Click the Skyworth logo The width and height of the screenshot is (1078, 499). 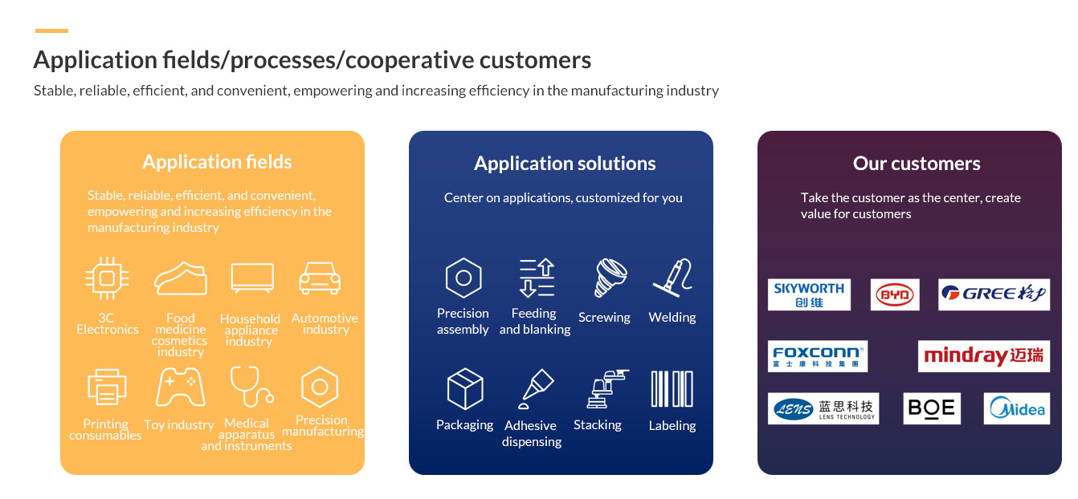[x=809, y=294]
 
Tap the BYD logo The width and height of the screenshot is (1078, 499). [x=895, y=294]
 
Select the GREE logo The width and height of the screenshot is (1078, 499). [x=994, y=294]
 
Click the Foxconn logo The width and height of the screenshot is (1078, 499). [x=817, y=356]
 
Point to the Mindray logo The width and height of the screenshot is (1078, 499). [x=983, y=356]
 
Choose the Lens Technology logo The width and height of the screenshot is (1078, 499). [x=823, y=408]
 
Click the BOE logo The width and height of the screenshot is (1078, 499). [x=932, y=408]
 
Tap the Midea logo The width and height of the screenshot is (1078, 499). [x=1016, y=408]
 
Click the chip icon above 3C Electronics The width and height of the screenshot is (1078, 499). [x=107, y=278]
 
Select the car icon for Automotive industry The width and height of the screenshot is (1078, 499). [x=320, y=278]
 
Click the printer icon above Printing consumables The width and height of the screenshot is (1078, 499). [x=107, y=388]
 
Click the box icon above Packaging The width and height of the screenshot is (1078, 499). [x=464, y=389]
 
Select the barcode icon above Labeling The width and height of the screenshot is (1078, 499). [x=672, y=389]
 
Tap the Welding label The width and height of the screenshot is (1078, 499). [x=672, y=318]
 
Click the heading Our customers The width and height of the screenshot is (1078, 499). [x=917, y=164]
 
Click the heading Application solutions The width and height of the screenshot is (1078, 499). [x=565, y=164]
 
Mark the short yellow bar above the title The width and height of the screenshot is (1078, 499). [x=51, y=31]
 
